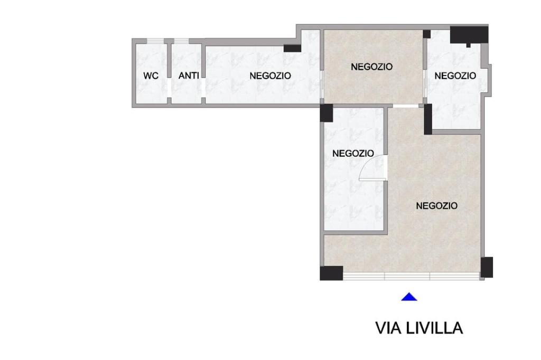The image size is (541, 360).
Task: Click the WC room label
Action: click(151, 75)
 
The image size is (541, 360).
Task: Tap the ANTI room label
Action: click(189, 75)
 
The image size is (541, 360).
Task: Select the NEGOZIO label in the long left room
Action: click(270, 75)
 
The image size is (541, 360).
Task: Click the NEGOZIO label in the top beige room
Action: click(371, 67)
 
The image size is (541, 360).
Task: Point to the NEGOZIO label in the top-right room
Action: click(455, 75)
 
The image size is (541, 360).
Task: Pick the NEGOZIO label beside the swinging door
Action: click(353, 153)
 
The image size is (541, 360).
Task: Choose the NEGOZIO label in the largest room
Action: click(437, 206)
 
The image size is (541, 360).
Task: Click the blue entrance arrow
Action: click(409, 297)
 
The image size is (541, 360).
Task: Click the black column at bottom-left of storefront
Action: click(331, 273)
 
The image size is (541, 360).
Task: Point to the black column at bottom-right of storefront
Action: click(487, 267)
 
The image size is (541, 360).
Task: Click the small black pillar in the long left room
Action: click(292, 48)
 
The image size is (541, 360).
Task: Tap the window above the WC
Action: click(155, 41)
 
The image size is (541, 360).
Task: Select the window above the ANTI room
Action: click(181, 41)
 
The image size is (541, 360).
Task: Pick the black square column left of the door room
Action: click(327, 113)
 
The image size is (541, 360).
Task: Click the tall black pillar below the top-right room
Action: click(428, 119)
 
